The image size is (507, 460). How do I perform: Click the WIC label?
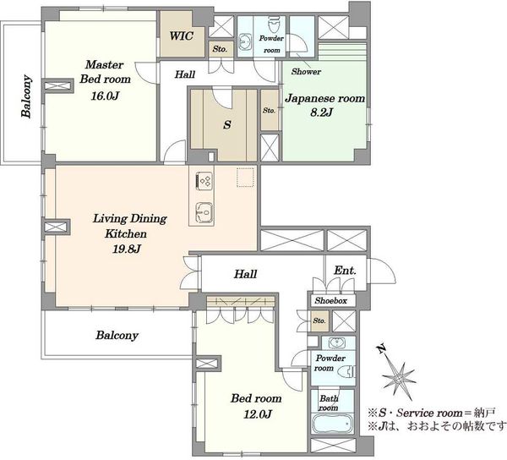[182, 36]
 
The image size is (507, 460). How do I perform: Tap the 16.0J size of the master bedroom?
[105, 96]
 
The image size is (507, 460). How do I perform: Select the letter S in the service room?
[227, 124]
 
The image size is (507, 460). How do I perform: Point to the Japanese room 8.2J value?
[322, 112]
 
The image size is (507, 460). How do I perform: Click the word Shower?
[306, 72]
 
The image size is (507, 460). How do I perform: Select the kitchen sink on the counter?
[204, 212]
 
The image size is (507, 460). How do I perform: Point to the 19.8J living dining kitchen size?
[127, 249]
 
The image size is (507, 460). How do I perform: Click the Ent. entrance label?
[345, 270]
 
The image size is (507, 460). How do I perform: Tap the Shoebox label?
[330, 300]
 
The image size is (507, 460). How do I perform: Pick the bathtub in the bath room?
[332, 424]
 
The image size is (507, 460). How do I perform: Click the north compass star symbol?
[399, 378]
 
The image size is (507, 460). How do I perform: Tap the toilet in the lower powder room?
[347, 371]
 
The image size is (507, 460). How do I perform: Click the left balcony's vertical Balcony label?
[26, 96]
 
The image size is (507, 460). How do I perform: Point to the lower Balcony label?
[117, 336]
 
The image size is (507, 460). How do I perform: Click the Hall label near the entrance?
[245, 274]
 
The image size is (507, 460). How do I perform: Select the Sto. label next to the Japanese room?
[269, 110]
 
